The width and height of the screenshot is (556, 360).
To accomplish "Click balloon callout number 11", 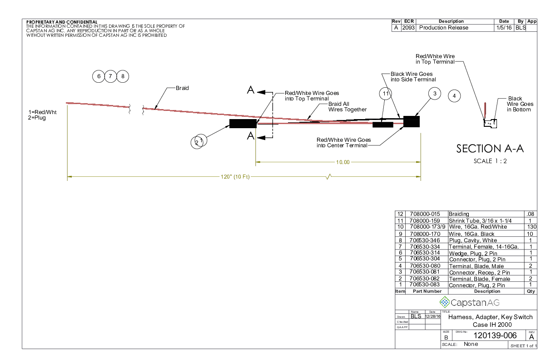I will click(x=385, y=94).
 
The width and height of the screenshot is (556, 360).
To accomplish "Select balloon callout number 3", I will click(x=435, y=94).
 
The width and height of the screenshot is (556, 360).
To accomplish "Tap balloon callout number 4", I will click(x=454, y=96).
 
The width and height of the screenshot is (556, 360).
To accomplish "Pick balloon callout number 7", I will click(x=110, y=76).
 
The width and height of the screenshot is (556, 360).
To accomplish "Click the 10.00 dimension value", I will click(x=343, y=162).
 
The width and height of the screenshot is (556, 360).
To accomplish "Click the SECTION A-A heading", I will click(x=490, y=149).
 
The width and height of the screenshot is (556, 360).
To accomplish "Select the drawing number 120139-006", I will click(x=495, y=335).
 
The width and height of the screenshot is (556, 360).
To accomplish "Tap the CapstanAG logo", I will click(x=469, y=302).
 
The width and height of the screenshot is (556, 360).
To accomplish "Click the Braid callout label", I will click(x=182, y=88).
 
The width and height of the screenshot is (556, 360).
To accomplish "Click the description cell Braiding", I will click(x=459, y=214).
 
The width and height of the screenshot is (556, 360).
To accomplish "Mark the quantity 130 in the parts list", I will click(x=531, y=226).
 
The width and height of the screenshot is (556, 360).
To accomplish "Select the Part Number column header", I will click(x=426, y=291).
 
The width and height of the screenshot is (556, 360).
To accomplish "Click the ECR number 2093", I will click(x=408, y=28).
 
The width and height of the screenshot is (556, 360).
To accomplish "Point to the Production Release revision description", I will click(x=443, y=28).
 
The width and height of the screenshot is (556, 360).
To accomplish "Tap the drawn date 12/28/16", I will click(x=432, y=316).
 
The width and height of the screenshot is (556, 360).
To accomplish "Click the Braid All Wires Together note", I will click(x=347, y=107).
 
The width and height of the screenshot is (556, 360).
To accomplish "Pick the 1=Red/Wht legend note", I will click(x=42, y=112).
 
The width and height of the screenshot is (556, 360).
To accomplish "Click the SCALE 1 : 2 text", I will click(x=490, y=161).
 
